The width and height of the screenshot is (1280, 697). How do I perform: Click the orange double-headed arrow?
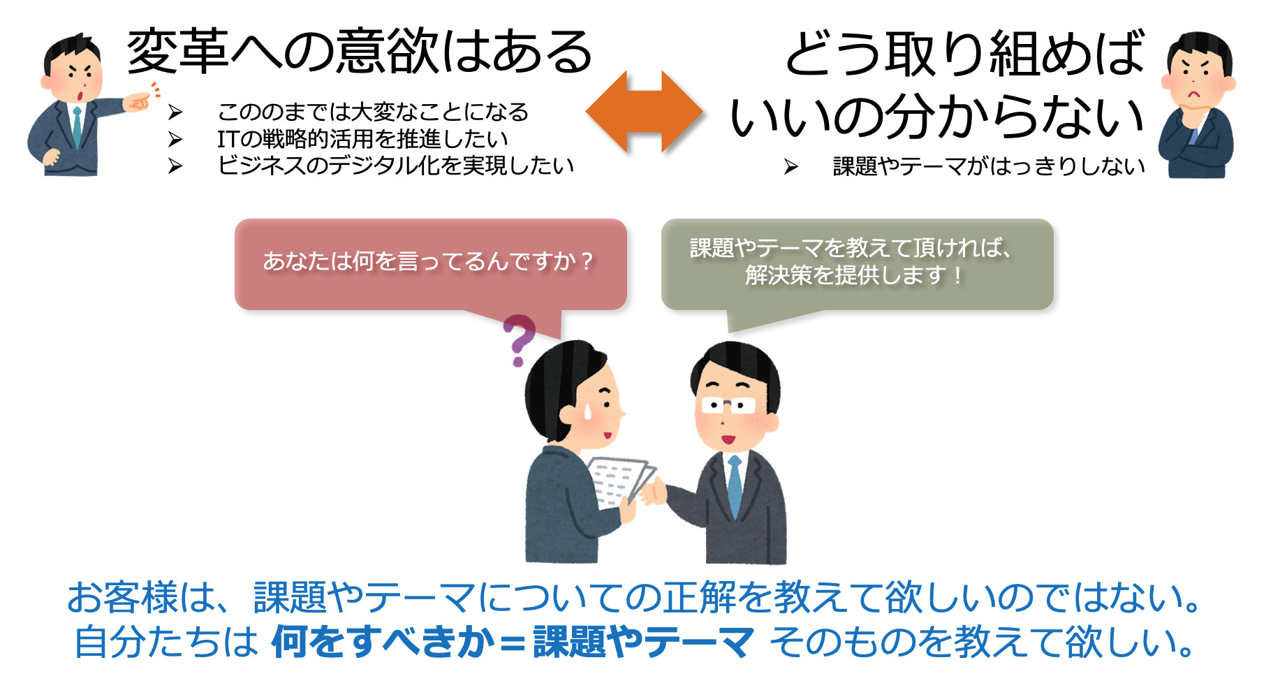(644, 112)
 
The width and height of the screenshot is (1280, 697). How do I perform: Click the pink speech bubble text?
(428, 261)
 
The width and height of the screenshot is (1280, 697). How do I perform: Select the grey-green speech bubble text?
(852, 261)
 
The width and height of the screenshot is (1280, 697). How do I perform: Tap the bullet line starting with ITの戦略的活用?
(362, 139)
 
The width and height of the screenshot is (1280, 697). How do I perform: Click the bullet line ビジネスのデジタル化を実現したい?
(395, 166)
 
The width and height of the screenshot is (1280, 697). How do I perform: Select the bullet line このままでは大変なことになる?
(373, 112)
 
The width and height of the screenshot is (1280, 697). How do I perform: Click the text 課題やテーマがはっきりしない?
(989, 166)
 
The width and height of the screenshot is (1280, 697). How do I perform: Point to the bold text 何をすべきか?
(383, 641)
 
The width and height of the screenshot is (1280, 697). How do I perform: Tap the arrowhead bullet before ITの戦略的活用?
(175, 140)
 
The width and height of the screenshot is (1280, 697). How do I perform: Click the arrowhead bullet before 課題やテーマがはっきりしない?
(790, 166)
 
